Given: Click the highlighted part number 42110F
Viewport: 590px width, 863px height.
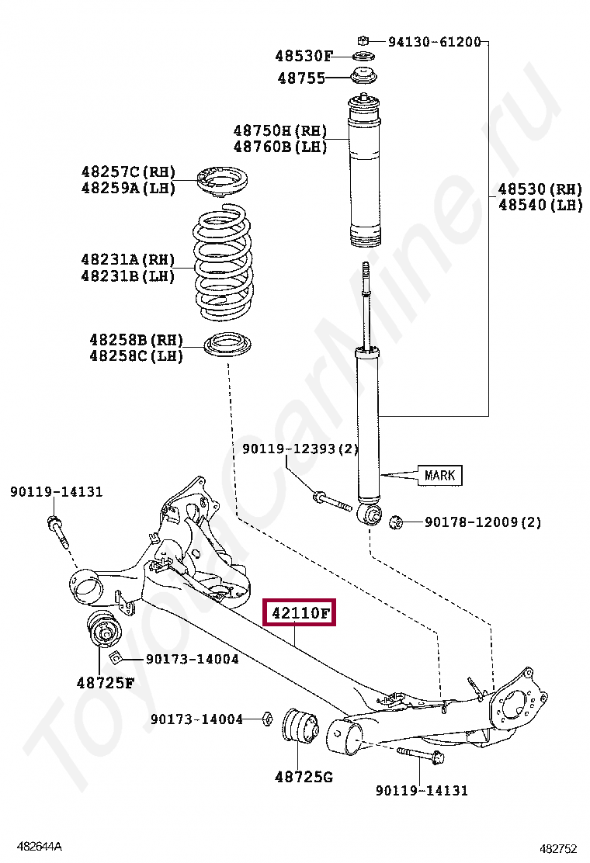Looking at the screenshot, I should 300,614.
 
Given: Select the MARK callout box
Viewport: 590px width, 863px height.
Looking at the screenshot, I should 439,475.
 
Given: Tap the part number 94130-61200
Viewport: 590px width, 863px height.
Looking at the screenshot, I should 434,41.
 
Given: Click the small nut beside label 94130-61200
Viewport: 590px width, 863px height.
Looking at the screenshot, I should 362,40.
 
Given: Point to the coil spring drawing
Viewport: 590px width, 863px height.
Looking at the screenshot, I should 223,265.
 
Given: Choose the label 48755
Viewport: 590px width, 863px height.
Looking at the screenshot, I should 301,78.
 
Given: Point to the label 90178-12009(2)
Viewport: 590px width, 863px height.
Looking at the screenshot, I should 483,522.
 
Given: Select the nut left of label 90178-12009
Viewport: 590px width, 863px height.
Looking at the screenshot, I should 394,522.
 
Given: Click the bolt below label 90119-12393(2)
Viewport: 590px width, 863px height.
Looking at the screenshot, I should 332,501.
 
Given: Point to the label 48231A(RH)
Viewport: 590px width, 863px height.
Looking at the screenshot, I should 127,260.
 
